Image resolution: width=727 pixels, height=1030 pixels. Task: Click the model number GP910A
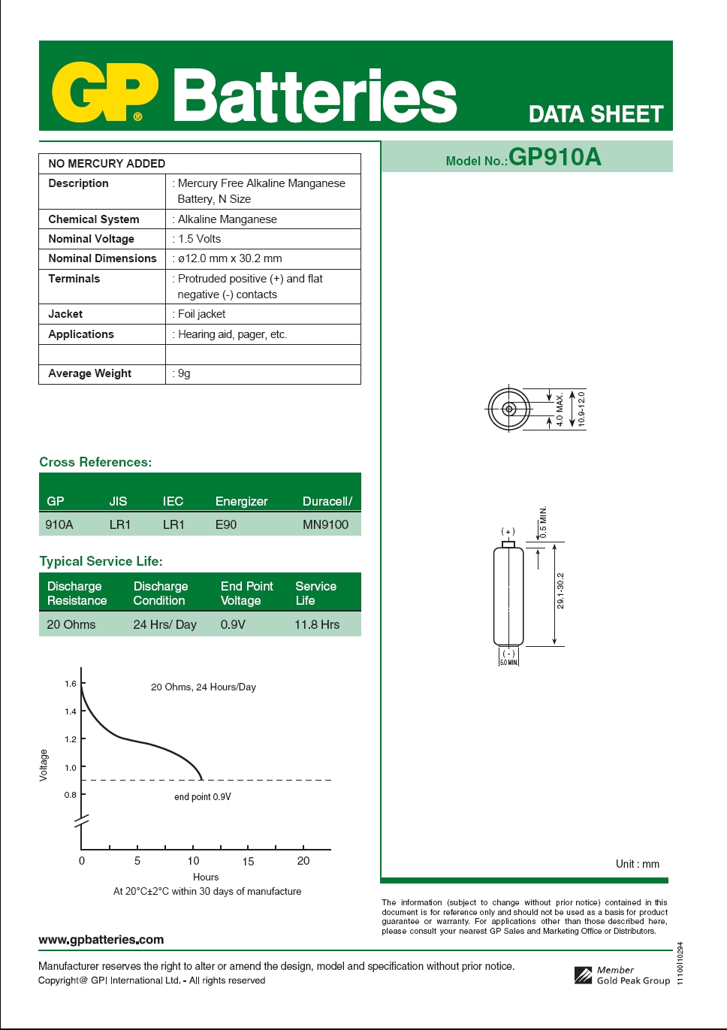[554, 157]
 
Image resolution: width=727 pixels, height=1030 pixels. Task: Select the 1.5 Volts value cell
[200, 239]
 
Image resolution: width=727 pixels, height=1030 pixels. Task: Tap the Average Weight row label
[90, 373]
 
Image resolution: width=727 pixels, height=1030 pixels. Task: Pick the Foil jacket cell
[201, 314]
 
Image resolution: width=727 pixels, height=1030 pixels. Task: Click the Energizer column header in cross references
[241, 501]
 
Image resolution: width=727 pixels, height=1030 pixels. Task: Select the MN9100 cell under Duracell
[325, 524]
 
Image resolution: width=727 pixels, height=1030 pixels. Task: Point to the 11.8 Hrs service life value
[317, 624]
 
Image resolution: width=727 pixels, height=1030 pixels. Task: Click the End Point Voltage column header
[246, 593]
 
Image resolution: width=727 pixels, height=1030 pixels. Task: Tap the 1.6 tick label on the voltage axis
[71, 684]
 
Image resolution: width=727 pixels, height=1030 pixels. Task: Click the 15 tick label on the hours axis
[248, 862]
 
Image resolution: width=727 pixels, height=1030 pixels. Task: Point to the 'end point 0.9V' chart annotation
[203, 797]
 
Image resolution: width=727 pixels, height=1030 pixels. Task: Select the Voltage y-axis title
[44, 765]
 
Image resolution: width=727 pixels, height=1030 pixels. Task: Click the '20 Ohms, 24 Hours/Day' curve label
[204, 687]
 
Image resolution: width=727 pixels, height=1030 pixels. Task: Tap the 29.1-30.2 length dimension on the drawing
[560, 591]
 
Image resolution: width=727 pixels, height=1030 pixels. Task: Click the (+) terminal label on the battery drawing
[508, 531]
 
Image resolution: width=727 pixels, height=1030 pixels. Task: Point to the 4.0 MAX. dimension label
[560, 409]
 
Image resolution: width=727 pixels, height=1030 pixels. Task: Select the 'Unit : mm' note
[638, 864]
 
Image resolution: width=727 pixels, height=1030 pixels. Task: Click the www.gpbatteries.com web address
[101, 939]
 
